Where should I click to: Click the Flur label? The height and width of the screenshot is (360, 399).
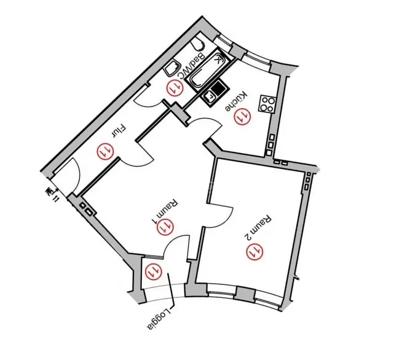[119, 131]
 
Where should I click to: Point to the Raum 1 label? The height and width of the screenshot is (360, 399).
[164, 208]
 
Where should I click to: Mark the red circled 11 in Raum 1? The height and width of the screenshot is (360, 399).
[164, 227]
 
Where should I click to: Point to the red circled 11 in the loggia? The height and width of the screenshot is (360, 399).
[151, 270]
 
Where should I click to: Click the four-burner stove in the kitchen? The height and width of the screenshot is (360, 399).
[267, 103]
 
